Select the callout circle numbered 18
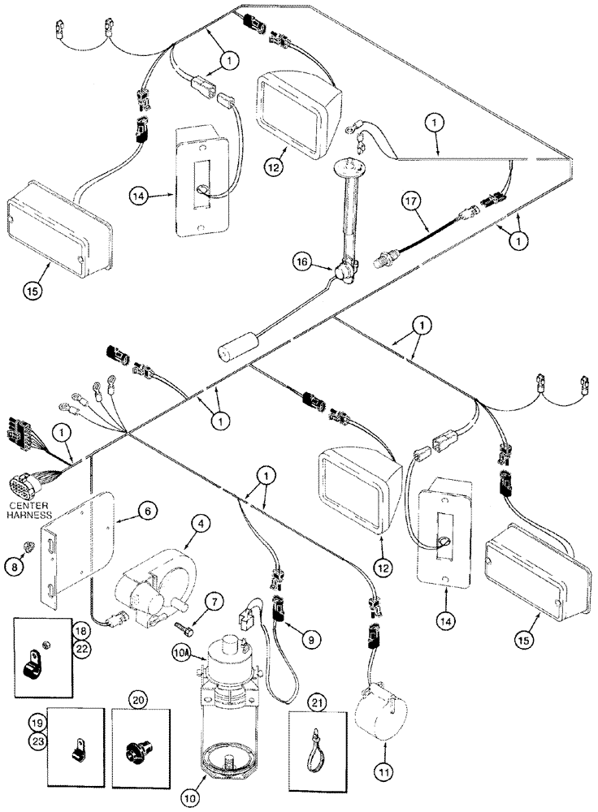pyautogui.click(x=80, y=630)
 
